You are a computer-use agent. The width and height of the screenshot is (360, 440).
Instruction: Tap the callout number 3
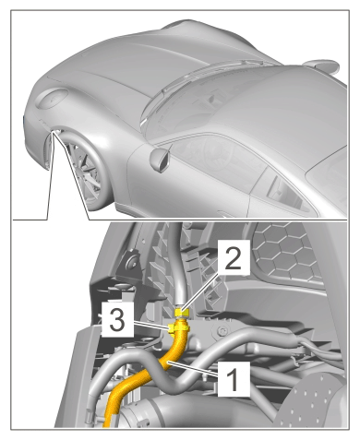(117, 320)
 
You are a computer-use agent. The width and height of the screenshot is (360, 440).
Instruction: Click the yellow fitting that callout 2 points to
(182, 313)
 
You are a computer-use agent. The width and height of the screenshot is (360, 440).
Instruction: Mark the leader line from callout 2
(200, 291)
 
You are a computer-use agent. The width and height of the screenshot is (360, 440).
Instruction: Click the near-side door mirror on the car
(160, 160)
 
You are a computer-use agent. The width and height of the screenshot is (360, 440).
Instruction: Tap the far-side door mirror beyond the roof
(320, 65)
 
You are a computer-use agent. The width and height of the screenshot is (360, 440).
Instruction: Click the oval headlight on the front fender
(52, 98)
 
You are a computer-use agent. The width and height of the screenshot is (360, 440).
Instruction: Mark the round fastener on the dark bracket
(133, 261)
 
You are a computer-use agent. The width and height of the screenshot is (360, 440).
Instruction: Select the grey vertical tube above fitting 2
(178, 265)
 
